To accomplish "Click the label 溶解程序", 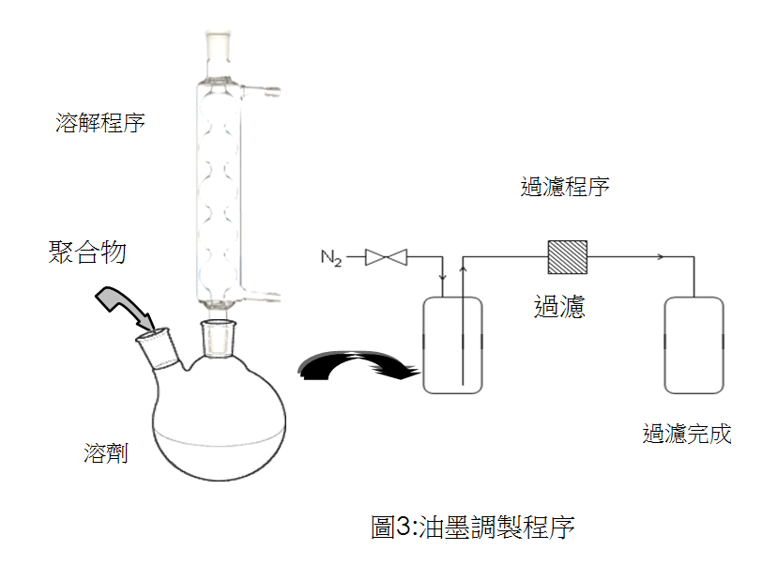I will click(100, 123).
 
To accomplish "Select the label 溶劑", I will click(106, 455).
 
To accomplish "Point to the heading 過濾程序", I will click(565, 186).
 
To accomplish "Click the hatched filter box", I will click(567, 256).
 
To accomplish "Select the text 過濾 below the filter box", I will click(559, 306).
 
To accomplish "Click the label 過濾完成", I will click(687, 434).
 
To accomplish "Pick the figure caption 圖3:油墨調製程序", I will click(472, 527).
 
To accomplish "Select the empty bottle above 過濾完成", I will click(694, 345).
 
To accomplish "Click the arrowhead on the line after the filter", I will click(664, 256).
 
